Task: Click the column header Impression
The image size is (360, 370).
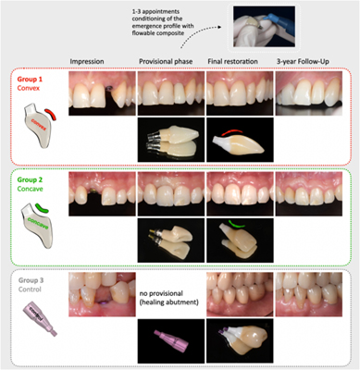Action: tap(89, 61)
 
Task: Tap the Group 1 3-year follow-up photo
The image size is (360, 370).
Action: tap(311, 92)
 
